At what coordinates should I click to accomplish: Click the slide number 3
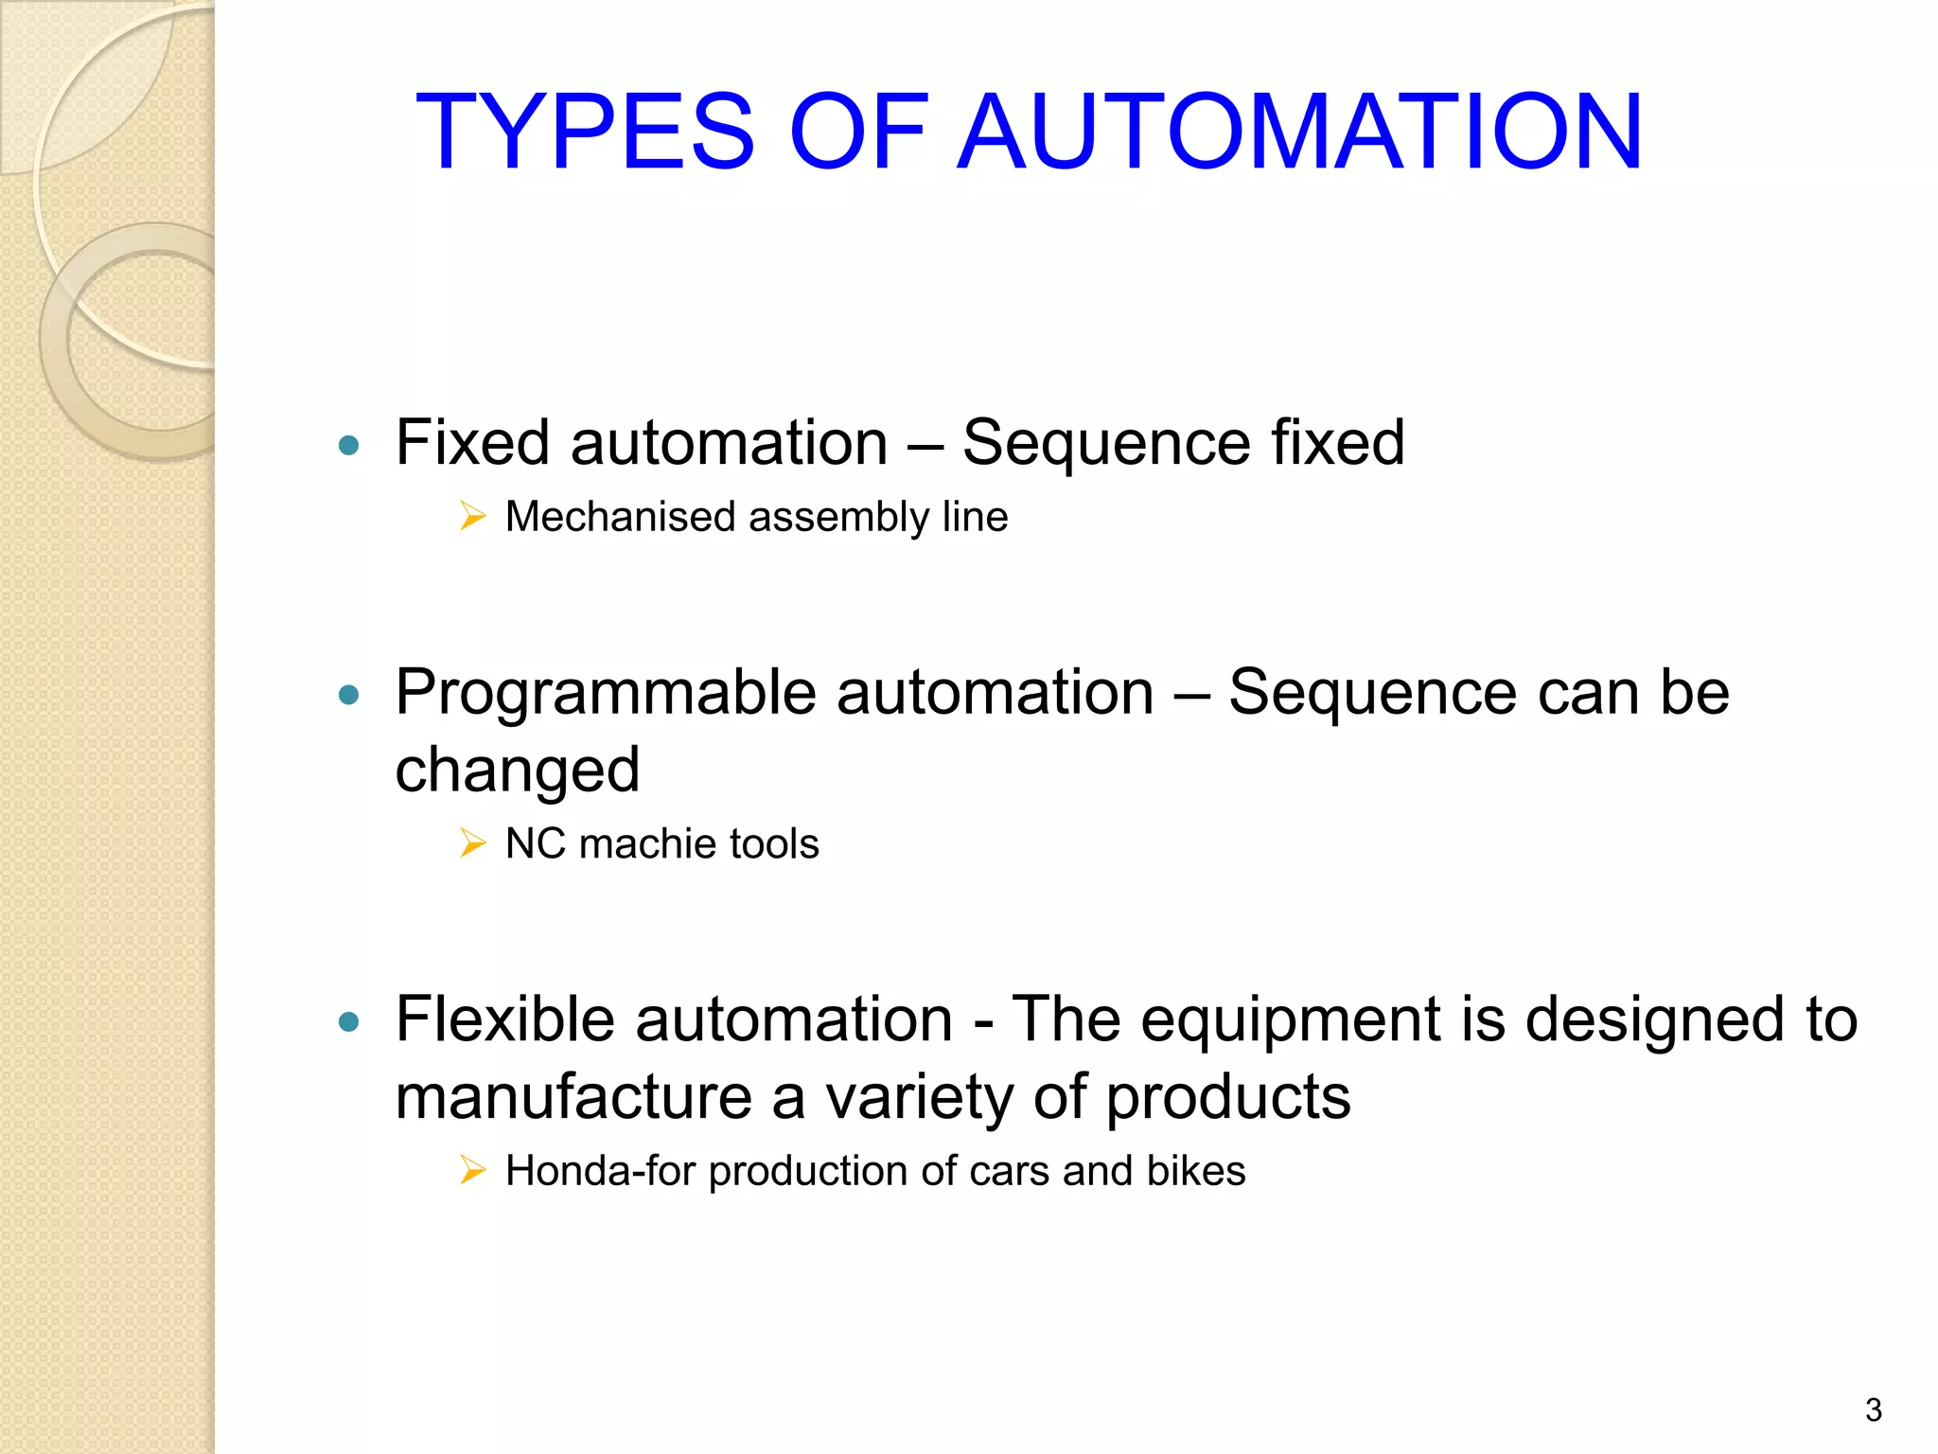pyautogui.click(x=1873, y=1410)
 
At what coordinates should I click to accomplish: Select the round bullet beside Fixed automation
pyautogui.click(x=349, y=445)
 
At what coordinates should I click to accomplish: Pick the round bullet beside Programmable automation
pyautogui.click(x=349, y=695)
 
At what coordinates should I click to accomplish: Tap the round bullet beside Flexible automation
pyautogui.click(x=349, y=1021)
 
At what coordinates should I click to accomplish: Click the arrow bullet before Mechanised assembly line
pyautogui.click(x=472, y=516)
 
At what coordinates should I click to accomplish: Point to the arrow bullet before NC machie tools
pyautogui.click(x=472, y=842)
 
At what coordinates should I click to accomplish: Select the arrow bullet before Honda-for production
pyautogui.click(x=472, y=1170)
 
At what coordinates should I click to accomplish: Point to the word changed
pyautogui.click(x=518, y=770)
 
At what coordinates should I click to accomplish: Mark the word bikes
pyautogui.click(x=1195, y=1171)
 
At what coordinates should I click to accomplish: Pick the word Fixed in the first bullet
pyautogui.click(x=472, y=443)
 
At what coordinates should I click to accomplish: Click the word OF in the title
pyautogui.click(x=857, y=132)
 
